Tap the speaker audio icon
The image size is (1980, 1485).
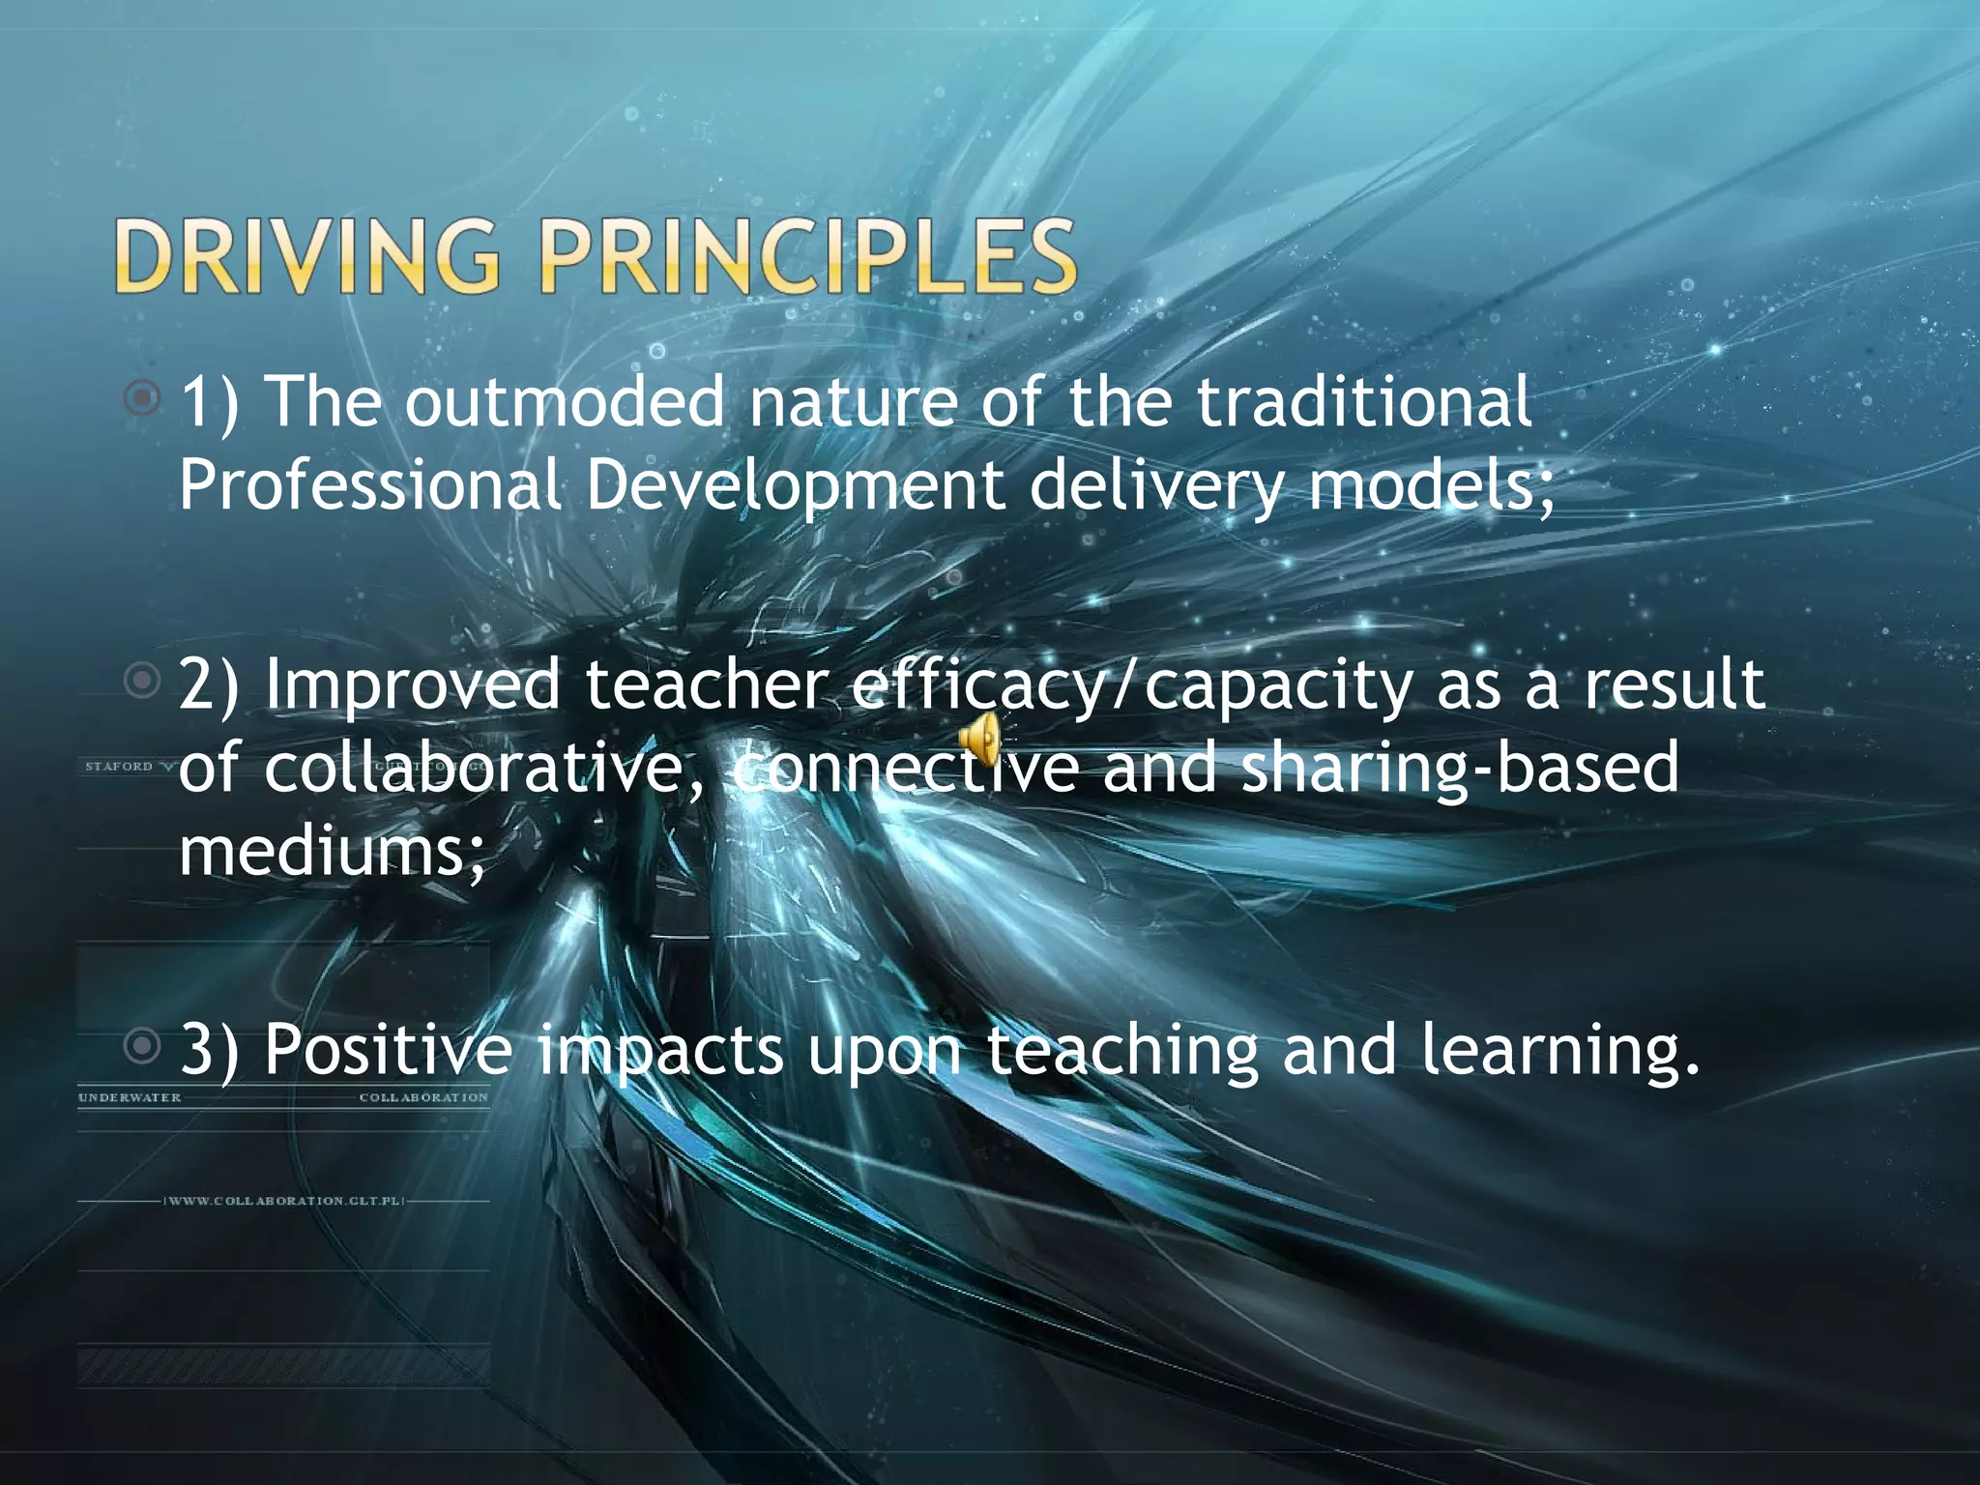[x=978, y=742]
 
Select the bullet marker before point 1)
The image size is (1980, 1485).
[x=143, y=396]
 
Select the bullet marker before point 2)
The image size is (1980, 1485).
[x=143, y=681]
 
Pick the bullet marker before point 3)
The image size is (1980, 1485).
[x=143, y=1045]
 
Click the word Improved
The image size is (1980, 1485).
[x=412, y=684]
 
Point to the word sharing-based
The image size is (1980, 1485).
[x=1460, y=768]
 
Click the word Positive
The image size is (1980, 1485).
[x=388, y=1049]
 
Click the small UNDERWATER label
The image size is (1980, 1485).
[x=130, y=1097]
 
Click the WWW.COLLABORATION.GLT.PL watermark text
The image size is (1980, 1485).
[x=283, y=1201]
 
